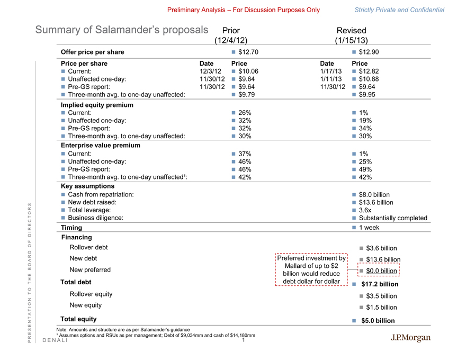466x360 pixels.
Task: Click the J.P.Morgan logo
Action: pyautogui.click(x=410, y=338)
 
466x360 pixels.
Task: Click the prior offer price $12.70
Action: pyautogui.click(x=248, y=52)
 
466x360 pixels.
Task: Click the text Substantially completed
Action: pyautogui.click(x=392, y=218)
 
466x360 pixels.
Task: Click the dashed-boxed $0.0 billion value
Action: pyautogui.click(x=381, y=271)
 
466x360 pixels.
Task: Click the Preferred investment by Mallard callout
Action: pyautogui.click(x=311, y=269)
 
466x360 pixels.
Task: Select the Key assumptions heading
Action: pyautogui.click(x=87, y=186)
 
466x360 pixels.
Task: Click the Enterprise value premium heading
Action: pyautogui.click(x=101, y=145)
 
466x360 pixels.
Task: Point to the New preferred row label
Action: pyautogui.click(x=90, y=269)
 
